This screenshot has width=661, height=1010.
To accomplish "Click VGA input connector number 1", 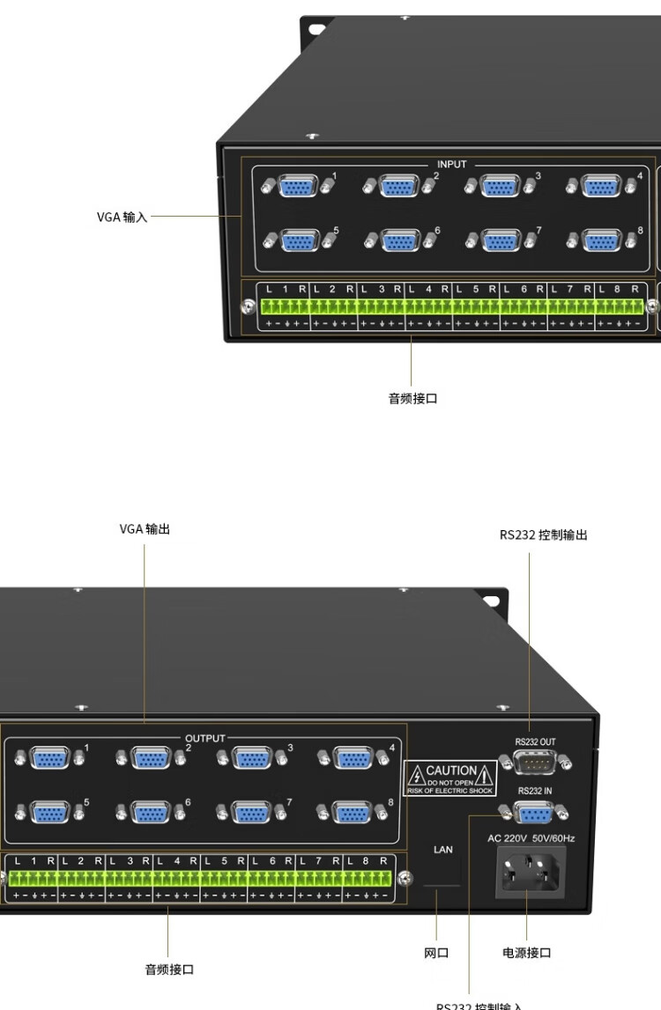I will tap(299, 187).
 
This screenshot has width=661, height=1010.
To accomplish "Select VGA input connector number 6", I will tap(400, 240).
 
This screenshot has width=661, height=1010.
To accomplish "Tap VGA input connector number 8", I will tap(602, 240).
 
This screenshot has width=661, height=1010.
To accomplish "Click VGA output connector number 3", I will tap(252, 757).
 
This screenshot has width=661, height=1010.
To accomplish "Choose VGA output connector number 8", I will tap(353, 812).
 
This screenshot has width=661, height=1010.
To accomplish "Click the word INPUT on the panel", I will tap(452, 165).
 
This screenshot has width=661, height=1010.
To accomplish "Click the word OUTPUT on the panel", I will tap(205, 738).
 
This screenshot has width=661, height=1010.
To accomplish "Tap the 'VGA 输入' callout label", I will tap(123, 217).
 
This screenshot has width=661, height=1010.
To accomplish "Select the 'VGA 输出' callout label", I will tap(145, 529).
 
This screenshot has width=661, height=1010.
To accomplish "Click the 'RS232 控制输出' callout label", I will tap(543, 534).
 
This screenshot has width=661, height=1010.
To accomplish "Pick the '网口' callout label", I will tap(436, 953).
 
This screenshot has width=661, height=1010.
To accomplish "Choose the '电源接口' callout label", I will tap(527, 953).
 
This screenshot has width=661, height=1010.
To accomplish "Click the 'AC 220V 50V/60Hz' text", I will tap(531, 838).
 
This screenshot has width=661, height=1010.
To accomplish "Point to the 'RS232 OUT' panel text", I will tap(535, 741).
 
